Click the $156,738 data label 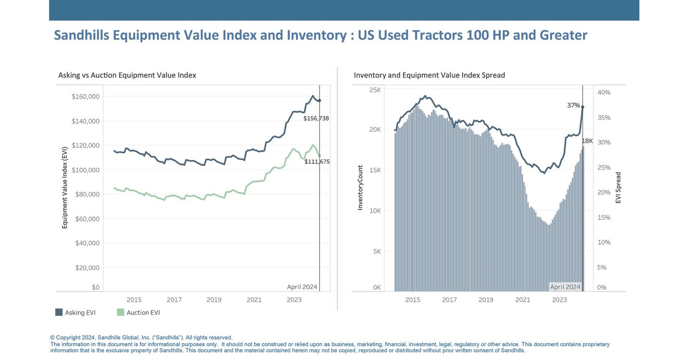[x=316, y=118]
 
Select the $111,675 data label [x=317, y=161]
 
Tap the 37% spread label [x=573, y=105]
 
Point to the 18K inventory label [x=587, y=141]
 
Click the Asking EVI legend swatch [x=59, y=312]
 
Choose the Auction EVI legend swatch [x=121, y=312]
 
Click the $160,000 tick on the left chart [x=86, y=96]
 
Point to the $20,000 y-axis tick [x=87, y=267]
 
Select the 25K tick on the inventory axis [x=375, y=90]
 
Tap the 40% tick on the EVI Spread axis [x=604, y=93]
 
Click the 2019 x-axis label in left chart [x=214, y=300]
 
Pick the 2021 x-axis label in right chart [x=522, y=300]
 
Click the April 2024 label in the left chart [x=302, y=287]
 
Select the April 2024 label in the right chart [x=565, y=287]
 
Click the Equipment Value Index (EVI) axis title [x=65, y=188]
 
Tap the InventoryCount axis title [x=360, y=188]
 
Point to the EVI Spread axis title [x=618, y=188]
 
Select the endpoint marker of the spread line [x=583, y=107]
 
